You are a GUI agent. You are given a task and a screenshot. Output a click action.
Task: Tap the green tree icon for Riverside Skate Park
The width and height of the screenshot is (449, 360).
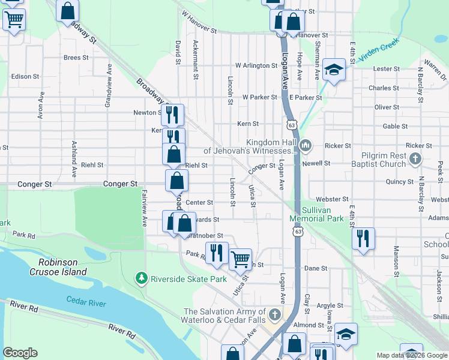tap(142, 278)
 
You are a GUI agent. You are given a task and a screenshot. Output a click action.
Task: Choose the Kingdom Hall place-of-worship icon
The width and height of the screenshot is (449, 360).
tap(306, 146)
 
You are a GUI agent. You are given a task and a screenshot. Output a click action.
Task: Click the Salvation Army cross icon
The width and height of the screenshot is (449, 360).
tap(274, 314)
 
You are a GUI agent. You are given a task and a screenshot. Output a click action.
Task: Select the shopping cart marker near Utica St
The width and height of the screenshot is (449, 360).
tap(240, 259)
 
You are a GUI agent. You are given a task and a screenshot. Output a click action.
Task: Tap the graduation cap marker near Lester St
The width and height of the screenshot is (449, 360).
tap(334, 70)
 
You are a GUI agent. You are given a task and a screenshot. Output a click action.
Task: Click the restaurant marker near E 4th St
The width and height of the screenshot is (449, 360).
tap(363, 238)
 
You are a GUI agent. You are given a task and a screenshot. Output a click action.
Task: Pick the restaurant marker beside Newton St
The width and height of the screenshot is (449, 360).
tap(172, 115)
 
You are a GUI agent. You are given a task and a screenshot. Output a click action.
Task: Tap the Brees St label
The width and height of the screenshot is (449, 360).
tap(76, 58)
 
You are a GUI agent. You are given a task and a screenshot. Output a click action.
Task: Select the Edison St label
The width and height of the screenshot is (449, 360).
tap(25, 77)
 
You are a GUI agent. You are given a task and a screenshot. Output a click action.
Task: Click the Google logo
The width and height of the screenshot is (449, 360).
tap(20, 353)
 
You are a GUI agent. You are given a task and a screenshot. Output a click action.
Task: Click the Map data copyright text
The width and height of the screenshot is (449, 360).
tap(411, 355)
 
